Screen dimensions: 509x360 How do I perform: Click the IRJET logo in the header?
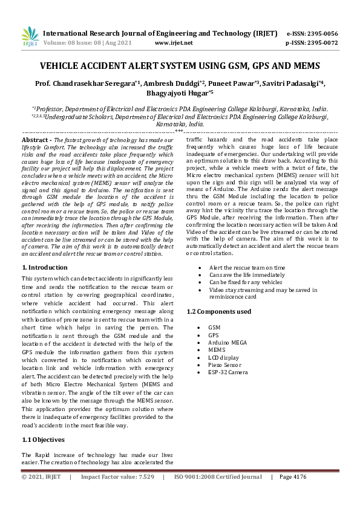pos(29,37)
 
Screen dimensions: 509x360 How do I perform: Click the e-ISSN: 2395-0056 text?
pos(311,34)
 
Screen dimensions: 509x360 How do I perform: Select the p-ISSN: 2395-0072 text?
pos(311,43)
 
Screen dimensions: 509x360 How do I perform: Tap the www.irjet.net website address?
pos(174,43)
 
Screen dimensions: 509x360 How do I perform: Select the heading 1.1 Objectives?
pos(44,439)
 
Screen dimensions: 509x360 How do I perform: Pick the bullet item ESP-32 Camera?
pos(227,372)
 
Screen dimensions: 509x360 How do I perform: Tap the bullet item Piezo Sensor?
pos(225,365)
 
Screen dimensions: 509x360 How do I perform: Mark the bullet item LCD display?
pos(223,357)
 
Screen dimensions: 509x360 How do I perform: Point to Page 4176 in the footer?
pos(293,494)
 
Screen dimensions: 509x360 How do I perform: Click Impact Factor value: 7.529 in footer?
pos(117,494)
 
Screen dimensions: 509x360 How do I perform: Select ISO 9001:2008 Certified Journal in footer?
pos(218,494)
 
